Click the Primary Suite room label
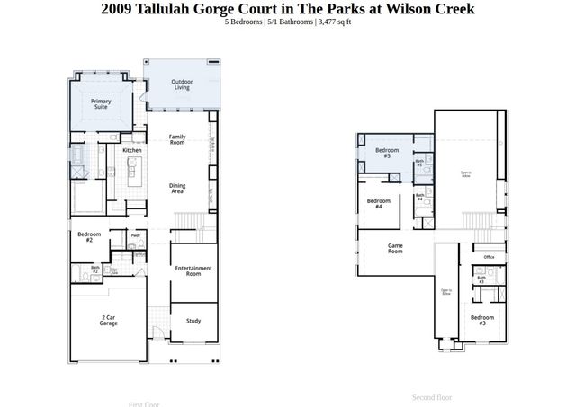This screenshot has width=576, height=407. pos(101,104)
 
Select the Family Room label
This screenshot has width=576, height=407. pos(177,139)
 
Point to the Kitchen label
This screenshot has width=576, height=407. pos(132,150)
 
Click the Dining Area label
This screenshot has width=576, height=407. pos(177,189)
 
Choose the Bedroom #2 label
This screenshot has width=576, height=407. pos(89,238)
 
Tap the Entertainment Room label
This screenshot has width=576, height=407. pos(193,270)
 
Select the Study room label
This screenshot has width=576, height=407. pos(193,321)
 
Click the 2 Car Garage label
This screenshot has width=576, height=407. pos(108,321)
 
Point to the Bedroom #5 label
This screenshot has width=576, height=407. pos(387,153)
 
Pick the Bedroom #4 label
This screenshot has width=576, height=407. pos(379,204)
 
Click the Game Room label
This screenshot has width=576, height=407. pos(395,249)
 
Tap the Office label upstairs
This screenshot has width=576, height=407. pos(489,257)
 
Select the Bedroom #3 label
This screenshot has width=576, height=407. pos(481,320)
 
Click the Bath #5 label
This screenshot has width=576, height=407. pos(419,164)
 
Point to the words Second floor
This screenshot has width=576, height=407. pos(432,397)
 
